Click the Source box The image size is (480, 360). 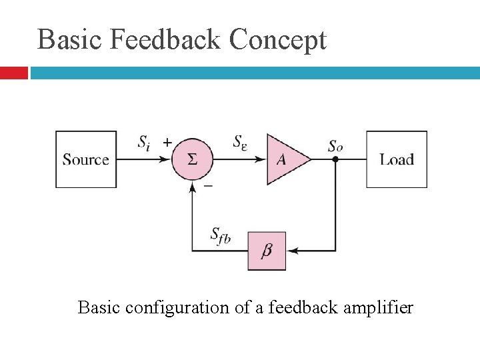[85, 159]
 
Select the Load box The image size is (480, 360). [397, 159]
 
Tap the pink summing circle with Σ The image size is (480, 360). [192, 160]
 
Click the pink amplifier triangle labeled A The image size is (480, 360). [285, 160]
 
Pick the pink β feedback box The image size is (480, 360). [267, 251]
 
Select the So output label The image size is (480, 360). [336, 145]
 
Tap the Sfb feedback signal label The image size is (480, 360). [220, 235]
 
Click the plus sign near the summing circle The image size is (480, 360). [167, 142]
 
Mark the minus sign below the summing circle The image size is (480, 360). [208, 187]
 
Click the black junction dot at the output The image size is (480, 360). [336, 160]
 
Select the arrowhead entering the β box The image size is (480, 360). [291, 251]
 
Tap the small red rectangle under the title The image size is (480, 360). [13, 73]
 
